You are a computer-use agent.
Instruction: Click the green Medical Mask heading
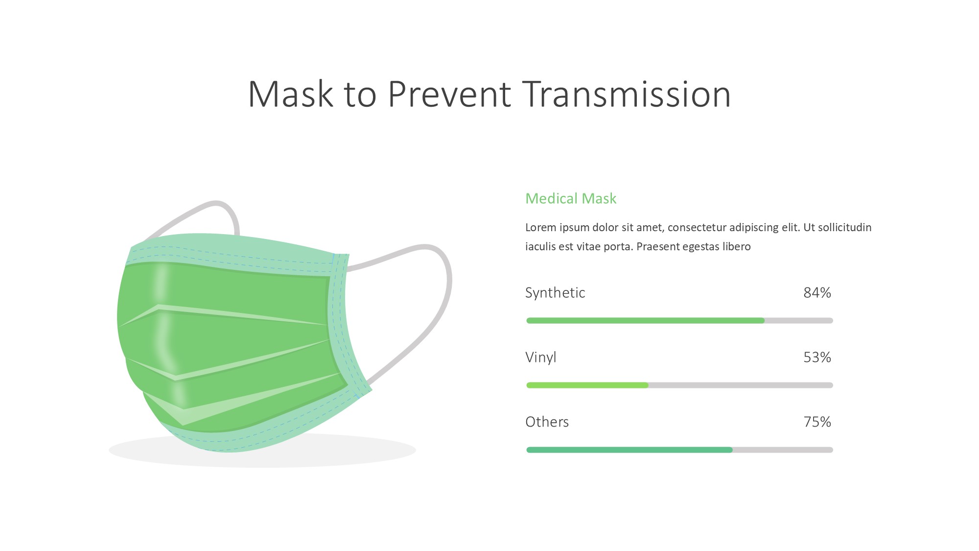click(571, 198)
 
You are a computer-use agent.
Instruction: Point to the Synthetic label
click(555, 293)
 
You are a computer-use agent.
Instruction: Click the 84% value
click(817, 292)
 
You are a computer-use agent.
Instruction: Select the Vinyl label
click(540, 358)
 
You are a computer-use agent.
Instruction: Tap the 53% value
click(817, 357)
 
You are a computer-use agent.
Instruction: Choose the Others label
click(547, 422)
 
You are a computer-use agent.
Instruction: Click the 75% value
click(817, 422)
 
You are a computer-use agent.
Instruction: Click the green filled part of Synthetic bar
click(645, 320)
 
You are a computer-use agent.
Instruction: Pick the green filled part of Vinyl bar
click(587, 385)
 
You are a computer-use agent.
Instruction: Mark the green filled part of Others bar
click(629, 450)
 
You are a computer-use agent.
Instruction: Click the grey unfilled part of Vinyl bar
click(741, 385)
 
